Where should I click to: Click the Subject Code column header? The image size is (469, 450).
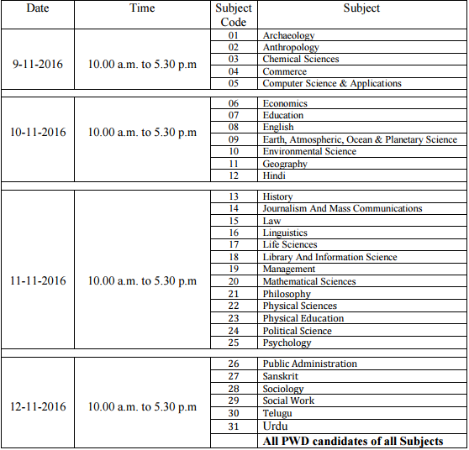233,15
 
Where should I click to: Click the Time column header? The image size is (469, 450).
142,8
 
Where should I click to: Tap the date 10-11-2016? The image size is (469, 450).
38,133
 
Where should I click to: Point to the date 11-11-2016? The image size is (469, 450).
38,281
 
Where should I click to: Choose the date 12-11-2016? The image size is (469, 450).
38,407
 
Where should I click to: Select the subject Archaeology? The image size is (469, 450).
288,35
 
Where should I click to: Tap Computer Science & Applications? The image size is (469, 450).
332,83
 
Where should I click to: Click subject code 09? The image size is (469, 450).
233,139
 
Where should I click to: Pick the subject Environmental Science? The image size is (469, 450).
309,151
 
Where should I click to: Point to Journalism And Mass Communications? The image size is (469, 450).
342,208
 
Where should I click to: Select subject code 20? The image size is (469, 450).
233,282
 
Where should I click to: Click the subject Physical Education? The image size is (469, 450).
303,318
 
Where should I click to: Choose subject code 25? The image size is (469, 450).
233,343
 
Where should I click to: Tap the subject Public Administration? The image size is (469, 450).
309,364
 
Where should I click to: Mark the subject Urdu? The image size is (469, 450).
276,426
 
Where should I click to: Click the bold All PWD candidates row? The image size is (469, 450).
352,441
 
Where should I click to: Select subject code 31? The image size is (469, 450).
233,426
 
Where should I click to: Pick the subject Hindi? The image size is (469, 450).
273,175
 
